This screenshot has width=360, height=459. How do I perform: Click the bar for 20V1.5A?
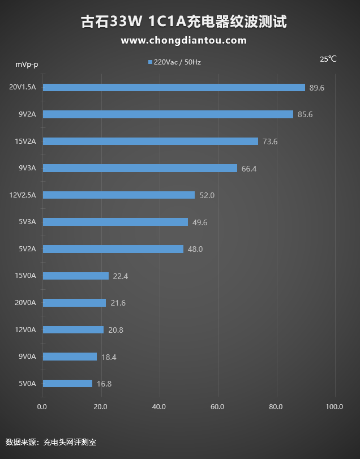pyautogui.click(x=174, y=87)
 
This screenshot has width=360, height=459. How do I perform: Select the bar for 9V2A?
pyautogui.click(x=168, y=114)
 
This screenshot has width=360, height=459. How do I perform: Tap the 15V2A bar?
pyautogui.click(x=151, y=141)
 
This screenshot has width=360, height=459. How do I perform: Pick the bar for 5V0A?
pyautogui.click(x=67, y=383)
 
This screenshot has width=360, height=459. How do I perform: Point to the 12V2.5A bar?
pyautogui.click(x=119, y=195)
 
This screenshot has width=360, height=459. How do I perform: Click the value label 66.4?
pyautogui.click(x=250, y=169)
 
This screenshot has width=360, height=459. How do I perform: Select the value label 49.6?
pyautogui.click(x=200, y=222)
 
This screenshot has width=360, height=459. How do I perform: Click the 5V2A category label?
pyautogui.click(x=27, y=248)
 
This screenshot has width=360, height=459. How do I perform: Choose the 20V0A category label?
pyautogui.click(x=25, y=302)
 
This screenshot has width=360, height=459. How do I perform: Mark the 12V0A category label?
pyautogui.click(x=25, y=329)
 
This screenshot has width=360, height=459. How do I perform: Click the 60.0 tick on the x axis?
pyautogui.click(x=217, y=406)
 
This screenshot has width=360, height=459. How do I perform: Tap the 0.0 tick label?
pyautogui.click(x=42, y=406)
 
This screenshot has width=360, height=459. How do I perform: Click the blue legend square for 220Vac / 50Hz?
pyautogui.click(x=150, y=62)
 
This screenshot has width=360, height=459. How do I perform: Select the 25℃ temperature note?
pyautogui.click(x=328, y=59)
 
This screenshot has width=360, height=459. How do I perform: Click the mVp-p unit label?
pyautogui.click(x=27, y=63)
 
